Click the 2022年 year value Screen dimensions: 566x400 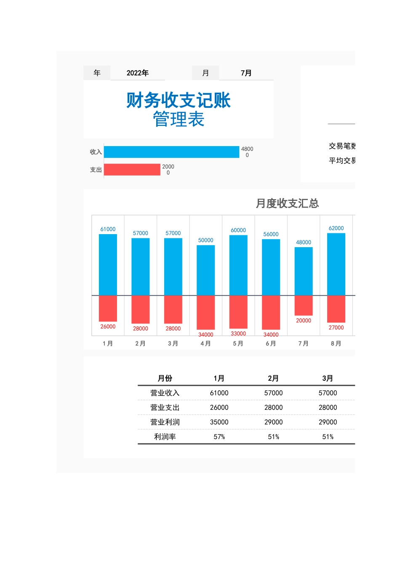[138, 73]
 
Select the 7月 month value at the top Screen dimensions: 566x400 [246, 73]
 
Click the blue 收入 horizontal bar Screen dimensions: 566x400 [171, 152]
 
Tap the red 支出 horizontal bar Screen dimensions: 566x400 [132, 170]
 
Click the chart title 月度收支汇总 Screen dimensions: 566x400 [287, 203]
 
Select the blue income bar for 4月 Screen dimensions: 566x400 [205, 270]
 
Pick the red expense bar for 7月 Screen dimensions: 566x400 [304, 305]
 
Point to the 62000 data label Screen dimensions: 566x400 [336, 228]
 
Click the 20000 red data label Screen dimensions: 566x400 [304, 320]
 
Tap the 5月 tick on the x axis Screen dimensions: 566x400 [238, 344]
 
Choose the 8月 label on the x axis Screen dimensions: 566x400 [336, 344]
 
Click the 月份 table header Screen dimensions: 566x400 [165, 378]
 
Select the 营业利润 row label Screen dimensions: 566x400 [165, 422]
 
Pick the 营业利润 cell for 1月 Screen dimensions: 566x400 [219, 422]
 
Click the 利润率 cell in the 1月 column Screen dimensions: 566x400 [219, 437]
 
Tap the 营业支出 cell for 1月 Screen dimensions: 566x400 [219, 407]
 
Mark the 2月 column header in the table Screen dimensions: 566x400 [273, 378]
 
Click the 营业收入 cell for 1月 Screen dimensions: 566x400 [219, 393]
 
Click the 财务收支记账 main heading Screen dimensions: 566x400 [179, 100]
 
